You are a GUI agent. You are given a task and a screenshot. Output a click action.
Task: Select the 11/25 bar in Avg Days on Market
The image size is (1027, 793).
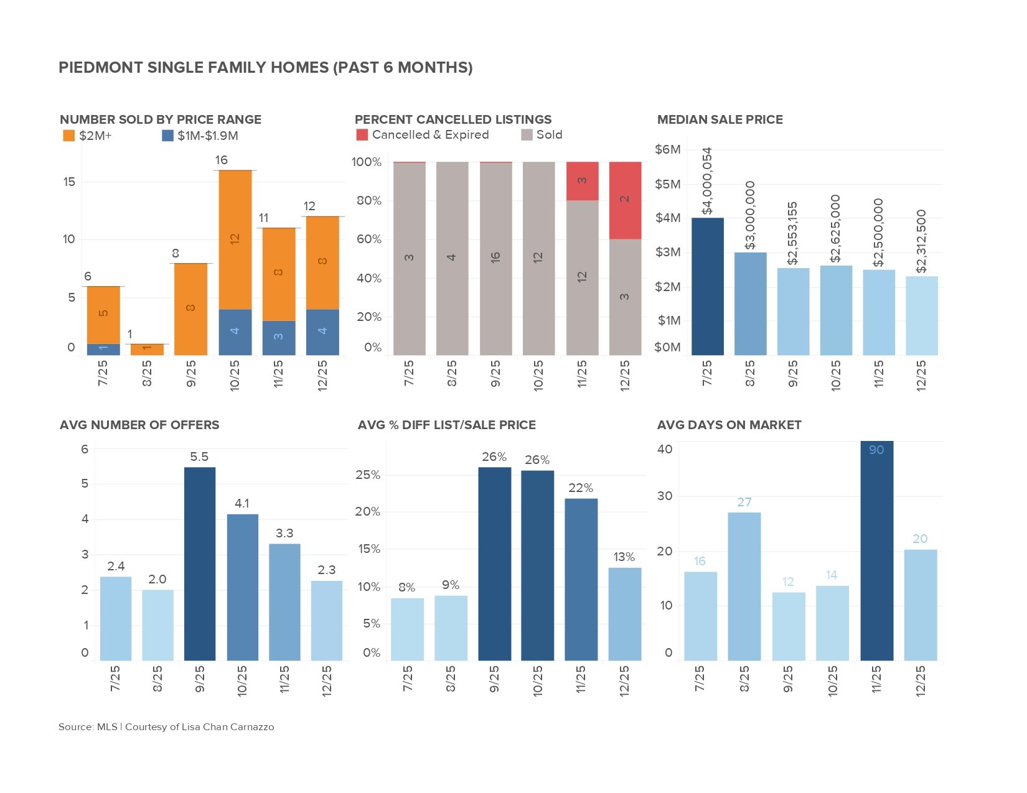tap(876, 550)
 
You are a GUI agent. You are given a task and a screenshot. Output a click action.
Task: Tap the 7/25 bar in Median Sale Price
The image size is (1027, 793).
tap(707, 286)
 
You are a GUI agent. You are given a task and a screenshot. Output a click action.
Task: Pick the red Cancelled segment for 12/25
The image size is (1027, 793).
tap(625, 200)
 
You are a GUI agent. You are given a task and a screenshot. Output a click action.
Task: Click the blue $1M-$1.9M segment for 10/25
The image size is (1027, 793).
tap(235, 332)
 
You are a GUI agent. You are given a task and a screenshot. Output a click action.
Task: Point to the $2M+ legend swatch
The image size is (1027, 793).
tap(68, 136)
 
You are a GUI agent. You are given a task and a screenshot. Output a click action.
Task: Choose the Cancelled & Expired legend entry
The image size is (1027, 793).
tap(423, 135)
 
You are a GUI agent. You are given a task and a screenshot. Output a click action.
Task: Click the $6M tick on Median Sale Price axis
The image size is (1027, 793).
tap(668, 149)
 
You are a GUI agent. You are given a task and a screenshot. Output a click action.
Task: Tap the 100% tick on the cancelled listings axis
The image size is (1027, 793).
tap(366, 162)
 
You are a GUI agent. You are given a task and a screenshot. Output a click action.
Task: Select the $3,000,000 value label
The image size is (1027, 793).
tap(751, 215)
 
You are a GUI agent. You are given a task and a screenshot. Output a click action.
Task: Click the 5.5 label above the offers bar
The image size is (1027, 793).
tap(199, 457)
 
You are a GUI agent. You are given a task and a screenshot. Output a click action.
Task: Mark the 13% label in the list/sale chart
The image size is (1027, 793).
tap(624, 557)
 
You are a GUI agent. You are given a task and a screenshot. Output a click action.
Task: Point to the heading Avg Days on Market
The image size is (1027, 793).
tap(729, 425)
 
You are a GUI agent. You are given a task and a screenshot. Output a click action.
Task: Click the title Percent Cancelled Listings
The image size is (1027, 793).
tap(453, 119)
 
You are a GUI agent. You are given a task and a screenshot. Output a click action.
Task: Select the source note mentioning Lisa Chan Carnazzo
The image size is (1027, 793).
tap(166, 726)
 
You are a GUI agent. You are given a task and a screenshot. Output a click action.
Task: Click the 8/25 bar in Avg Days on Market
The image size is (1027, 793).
tap(744, 586)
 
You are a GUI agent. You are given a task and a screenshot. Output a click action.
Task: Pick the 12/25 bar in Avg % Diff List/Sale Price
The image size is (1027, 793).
tap(625, 613)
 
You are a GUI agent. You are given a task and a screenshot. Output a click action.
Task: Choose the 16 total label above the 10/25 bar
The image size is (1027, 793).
tap(222, 160)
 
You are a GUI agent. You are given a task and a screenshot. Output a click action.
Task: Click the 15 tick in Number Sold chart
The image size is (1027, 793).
tap(69, 182)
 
